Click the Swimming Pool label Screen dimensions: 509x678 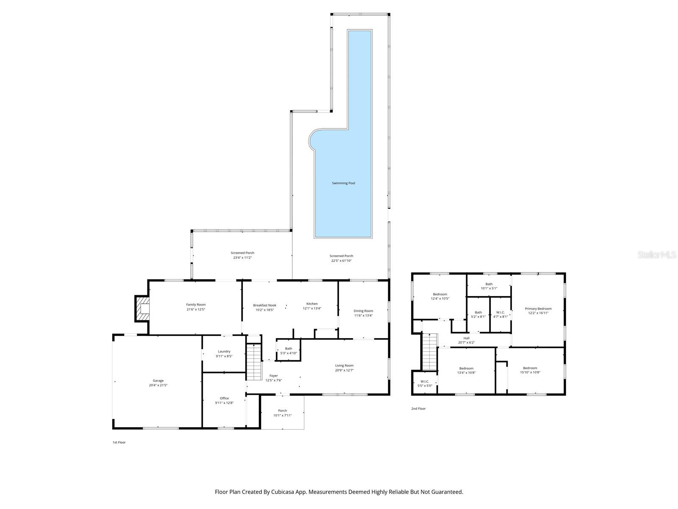tap(343, 183)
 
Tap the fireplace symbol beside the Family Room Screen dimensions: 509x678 tap(142, 308)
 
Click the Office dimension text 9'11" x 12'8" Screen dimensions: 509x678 tap(224, 403)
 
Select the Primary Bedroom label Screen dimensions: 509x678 tap(538, 308)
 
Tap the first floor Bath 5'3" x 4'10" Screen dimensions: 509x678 tap(289, 351)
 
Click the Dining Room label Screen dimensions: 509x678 tap(363, 311)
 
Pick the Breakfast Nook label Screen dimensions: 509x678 tap(264, 305)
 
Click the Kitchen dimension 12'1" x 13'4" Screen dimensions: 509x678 tap(312, 308)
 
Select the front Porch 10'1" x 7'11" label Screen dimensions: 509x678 tap(282, 413)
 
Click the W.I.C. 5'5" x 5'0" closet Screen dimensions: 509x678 tap(425, 383)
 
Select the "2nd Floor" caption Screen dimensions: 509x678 tap(418, 408)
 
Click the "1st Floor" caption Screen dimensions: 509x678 tap(119, 442)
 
